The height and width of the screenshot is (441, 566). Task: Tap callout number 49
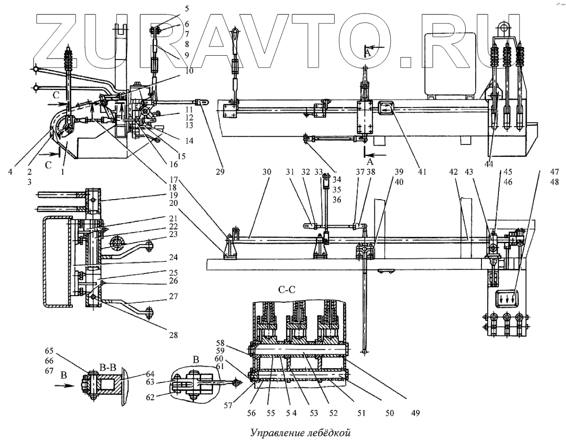[x=408, y=412]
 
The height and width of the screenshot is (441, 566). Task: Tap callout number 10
[x=184, y=71]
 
